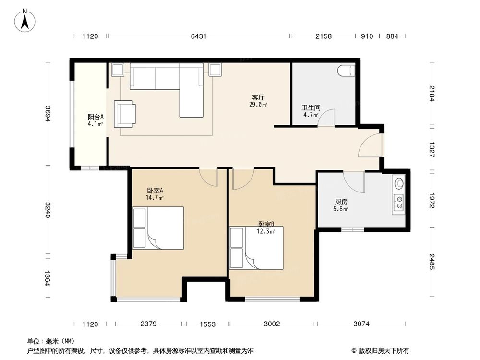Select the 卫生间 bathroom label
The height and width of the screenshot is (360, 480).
tap(308, 108)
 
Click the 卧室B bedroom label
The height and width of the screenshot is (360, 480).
tap(266, 224)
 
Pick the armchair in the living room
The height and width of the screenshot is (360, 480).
tap(125, 114)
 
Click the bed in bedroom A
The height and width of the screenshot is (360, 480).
tap(159, 228)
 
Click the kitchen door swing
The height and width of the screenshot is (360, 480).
tap(354, 180)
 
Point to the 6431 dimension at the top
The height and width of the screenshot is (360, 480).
tap(199, 36)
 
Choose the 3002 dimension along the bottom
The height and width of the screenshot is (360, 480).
tap(272, 324)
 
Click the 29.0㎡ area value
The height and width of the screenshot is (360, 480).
tap(258, 104)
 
